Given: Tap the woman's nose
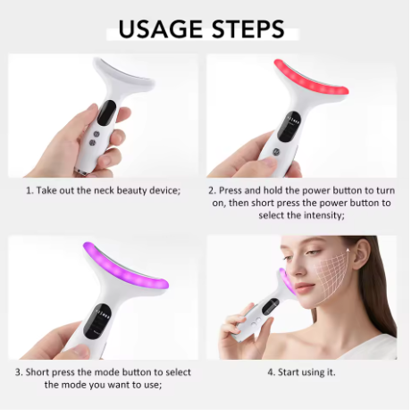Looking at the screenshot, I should coord(296,286).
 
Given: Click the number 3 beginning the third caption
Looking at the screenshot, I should coord(17,371).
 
